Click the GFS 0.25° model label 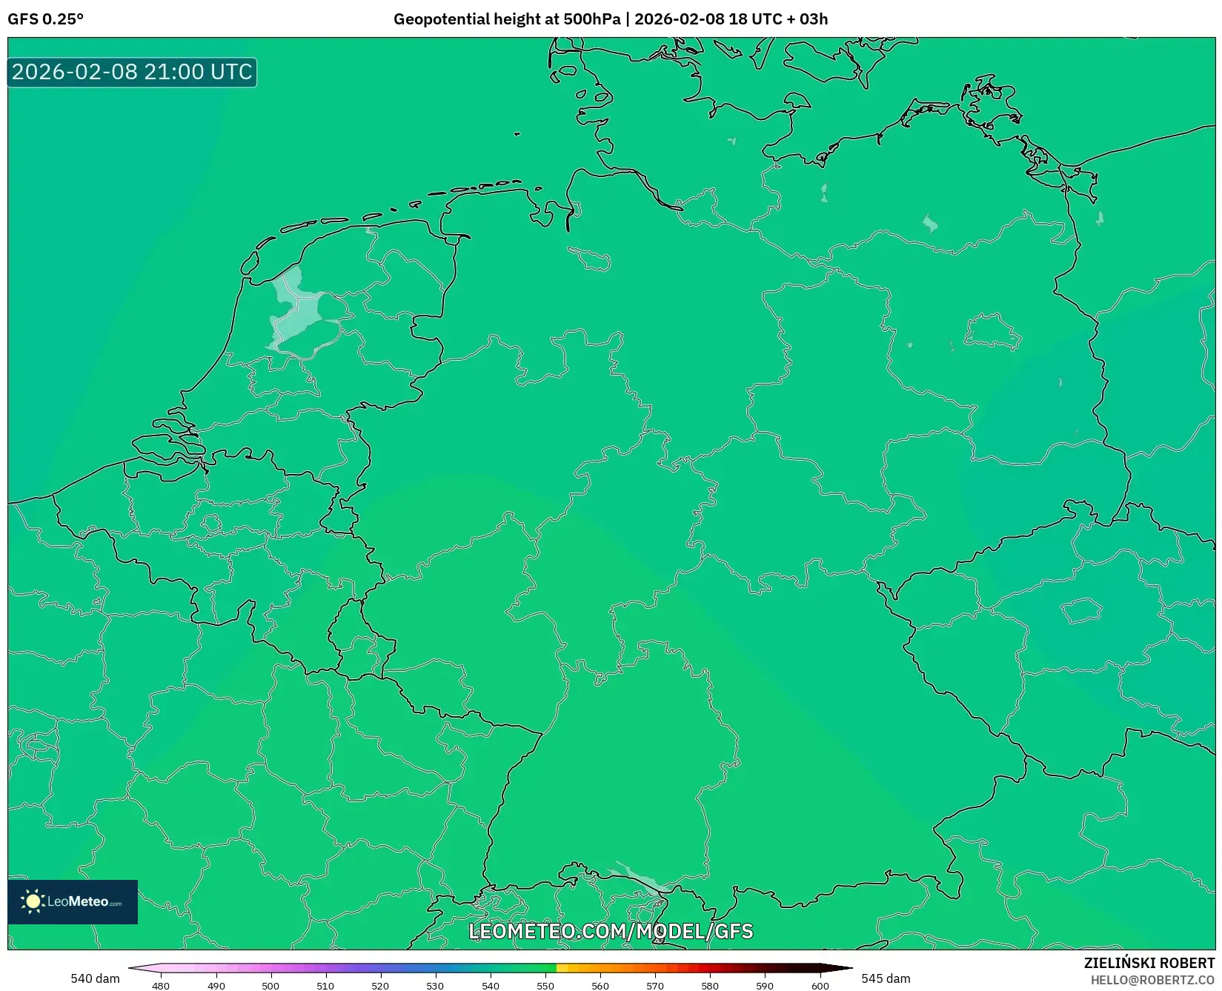(45, 19)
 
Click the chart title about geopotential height (610, 19)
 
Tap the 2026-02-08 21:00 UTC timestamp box (132, 72)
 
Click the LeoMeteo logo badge (73, 901)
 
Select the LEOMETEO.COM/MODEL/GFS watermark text (611, 931)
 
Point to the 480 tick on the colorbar (161, 985)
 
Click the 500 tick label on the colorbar (270, 985)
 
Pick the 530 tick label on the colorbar (435, 985)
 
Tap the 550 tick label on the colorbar (545, 985)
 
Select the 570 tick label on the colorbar (655, 985)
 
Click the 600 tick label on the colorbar (820, 985)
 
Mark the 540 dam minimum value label (95, 978)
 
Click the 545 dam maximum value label (886, 978)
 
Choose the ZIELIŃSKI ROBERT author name (1149, 963)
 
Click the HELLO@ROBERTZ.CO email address (1152, 980)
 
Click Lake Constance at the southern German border (642, 878)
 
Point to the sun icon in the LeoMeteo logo (33, 901)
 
